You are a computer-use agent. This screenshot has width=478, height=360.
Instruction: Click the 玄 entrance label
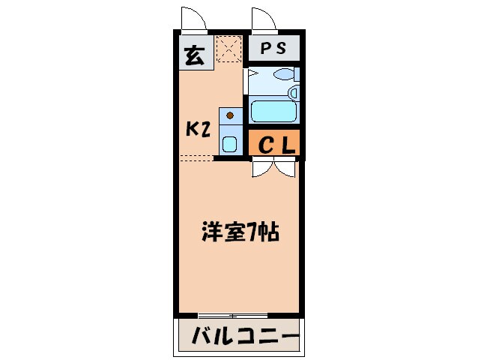pos(193,55)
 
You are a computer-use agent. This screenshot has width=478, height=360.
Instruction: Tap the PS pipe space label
pos(273,49)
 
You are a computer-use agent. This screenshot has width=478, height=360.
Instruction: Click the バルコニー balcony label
pos(238,334)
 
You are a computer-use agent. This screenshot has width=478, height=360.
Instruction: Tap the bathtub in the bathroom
pos(273,112)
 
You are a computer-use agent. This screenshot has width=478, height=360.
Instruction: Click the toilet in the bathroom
pos(284,75)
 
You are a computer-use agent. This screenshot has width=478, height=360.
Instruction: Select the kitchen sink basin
pos(229,143)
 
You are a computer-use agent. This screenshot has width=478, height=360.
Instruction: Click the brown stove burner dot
pos(230,116)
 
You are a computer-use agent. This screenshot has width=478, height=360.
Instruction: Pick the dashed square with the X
pos(229,49)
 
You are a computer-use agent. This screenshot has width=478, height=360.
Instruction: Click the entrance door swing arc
pos(192,19)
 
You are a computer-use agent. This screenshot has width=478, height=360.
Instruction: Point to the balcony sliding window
pos(232,314)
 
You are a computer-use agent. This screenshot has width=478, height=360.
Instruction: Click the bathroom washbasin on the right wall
pos(294,93)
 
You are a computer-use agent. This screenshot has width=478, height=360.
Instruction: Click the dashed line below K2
pos(196,157)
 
